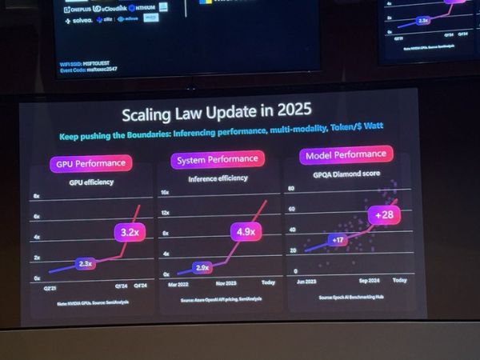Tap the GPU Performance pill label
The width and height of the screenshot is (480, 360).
pos(90,164)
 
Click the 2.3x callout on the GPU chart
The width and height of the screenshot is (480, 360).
pos(86,262)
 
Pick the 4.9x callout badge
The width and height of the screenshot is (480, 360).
pos(244,232)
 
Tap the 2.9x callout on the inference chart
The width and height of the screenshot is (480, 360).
pos(202,267)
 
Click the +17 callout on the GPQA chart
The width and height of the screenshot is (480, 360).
pos(337,238)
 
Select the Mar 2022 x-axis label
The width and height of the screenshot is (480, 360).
pos(178,283)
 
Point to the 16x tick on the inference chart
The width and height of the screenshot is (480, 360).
pos(164,193)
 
